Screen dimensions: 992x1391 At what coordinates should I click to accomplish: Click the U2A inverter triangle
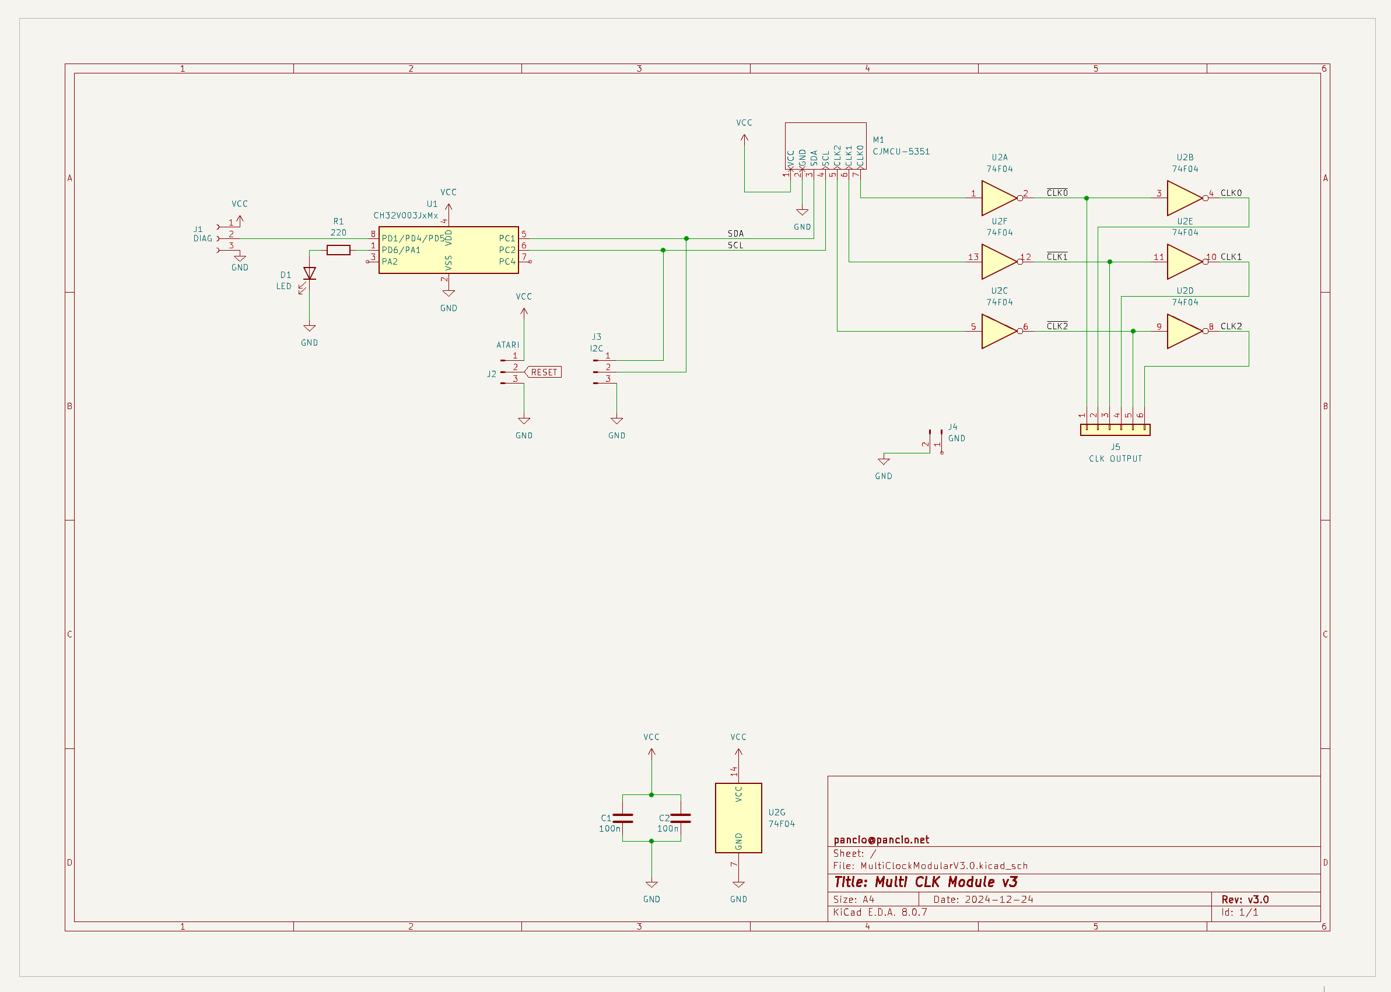[998, 198]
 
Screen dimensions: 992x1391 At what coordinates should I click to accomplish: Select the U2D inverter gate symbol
[1184, 331]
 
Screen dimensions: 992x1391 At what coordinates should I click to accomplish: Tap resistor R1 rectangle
[338, 250]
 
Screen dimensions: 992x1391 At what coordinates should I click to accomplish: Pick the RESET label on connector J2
[544, 372]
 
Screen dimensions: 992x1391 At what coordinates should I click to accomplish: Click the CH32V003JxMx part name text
[405, 216]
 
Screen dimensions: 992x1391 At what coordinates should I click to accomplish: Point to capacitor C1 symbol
[623, 818]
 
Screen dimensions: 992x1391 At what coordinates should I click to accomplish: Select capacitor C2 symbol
[680, 818]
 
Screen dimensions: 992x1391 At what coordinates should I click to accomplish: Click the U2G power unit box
[738, 817]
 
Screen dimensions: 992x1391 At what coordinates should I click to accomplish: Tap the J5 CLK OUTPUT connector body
[1115, 430]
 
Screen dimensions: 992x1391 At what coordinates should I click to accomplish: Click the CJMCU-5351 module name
[901, 152]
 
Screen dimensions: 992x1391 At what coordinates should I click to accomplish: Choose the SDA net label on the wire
[735, 234]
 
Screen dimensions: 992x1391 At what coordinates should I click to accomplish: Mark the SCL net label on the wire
[735, 245]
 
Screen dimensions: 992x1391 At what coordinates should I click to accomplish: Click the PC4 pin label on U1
[507, 262]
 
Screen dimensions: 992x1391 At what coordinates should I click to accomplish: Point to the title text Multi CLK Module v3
[926, 882]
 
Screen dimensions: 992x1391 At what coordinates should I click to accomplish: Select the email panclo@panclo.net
[881, 840]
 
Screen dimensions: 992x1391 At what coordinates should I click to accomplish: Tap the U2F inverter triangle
[998, 262]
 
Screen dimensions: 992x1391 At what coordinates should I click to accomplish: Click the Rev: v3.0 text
[1245, 899]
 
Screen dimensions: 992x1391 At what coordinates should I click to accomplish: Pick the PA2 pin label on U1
[390, 262]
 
